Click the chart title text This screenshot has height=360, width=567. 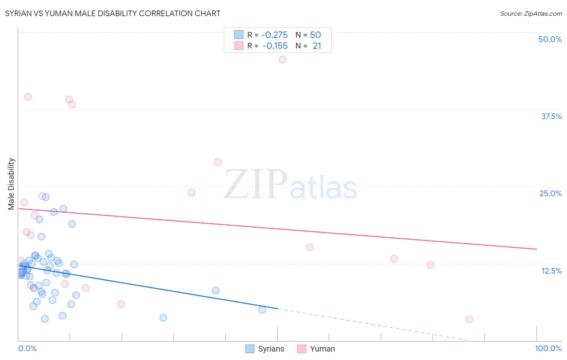click(x=113, y=13)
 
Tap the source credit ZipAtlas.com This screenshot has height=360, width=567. click(x=531, y=13)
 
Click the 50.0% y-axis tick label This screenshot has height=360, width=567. click(x=550, y=39)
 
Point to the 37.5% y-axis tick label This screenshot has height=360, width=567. click(x=551, y=116)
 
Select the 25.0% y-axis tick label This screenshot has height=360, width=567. click(x=550, y=193)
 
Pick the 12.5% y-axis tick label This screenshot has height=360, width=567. click(x=551, y=271)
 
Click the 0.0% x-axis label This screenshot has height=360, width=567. click(x=27, y=348)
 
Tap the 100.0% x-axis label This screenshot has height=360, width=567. click(x=548, y=348)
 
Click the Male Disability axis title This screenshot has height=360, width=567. click(x=11, y=184)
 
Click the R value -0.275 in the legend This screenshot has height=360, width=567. click(x=274, y=35)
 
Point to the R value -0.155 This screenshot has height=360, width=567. click(x=275, y=46)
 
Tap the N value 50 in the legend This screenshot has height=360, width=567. click(x=315, y=35)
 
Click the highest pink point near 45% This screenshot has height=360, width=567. click(x=283, y=59)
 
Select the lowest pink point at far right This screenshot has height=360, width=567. click(x=469, y=319)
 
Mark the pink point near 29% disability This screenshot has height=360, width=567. click(x=218, y=162)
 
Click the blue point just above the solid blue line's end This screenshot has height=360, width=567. click(x=262, y=310)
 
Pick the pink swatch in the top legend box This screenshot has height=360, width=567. click(x=239, y=46)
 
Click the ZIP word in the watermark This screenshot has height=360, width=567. click(x=256, y=184)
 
